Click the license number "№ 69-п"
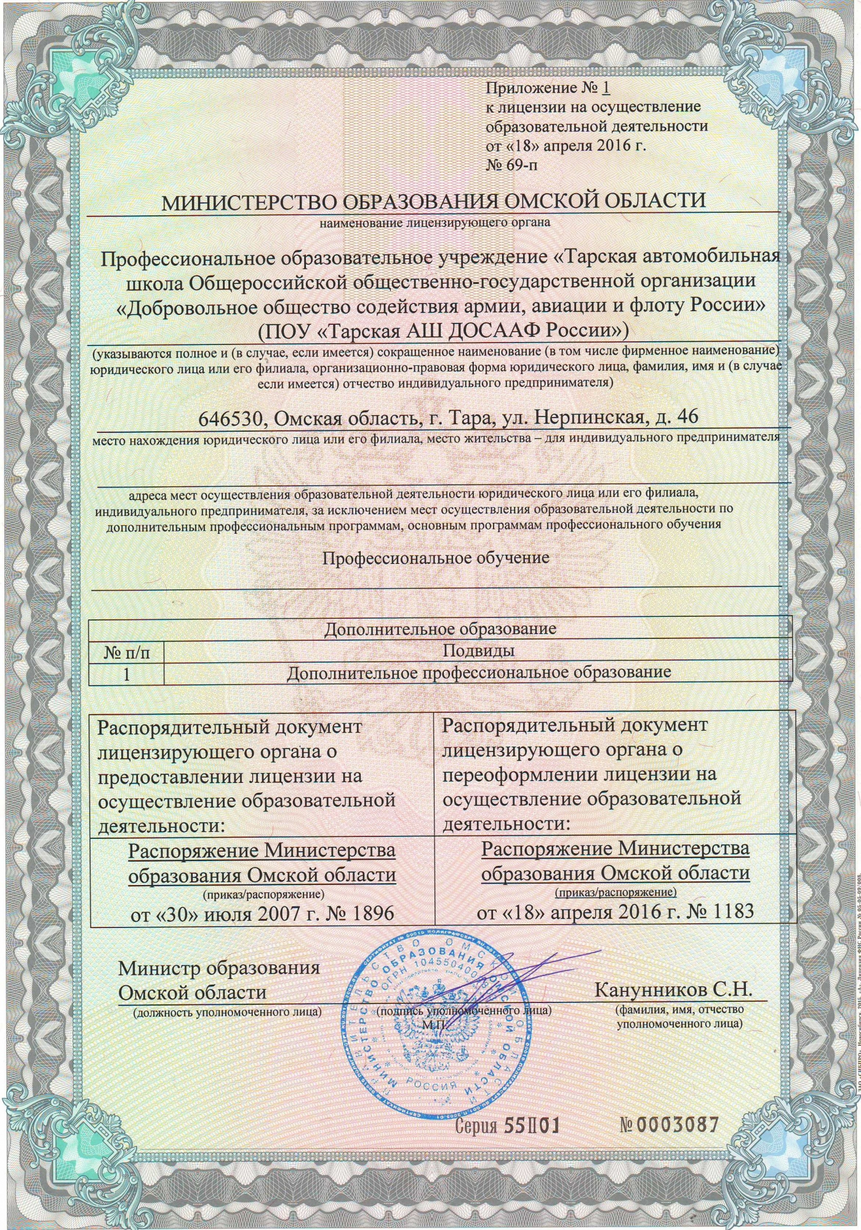click(515, 165)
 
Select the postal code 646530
click(233, 418)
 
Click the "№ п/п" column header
click(127, 652)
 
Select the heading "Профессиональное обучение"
click(436, 558)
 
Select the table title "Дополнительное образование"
click(440, 629)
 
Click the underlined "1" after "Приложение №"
click(605, 88)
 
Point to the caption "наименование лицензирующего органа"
click(435, 222)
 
